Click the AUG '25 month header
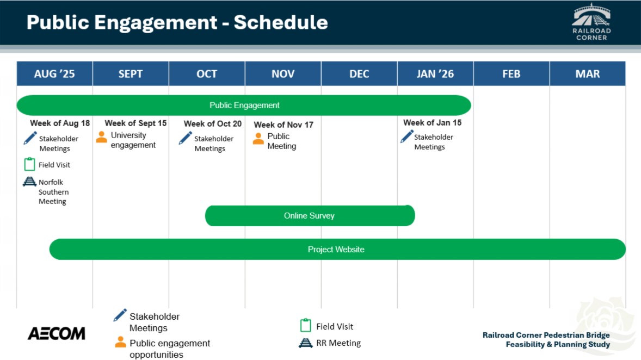click(54, 73)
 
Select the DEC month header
click(359, 73)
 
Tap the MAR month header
click(588, 73)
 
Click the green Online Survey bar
click(310, 216)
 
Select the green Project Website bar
click(337, 249)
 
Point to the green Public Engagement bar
click(244, 105)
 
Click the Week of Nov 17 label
click(283, 125)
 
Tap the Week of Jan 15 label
click(432, 122)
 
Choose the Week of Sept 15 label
click(135, 123)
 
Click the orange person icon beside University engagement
click(101, 137)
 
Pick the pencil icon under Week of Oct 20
click(185, 138)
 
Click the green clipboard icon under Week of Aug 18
click(29, 164)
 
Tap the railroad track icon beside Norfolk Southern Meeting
click(29, 182)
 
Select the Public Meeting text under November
click(282, 141)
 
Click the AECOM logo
click(57, 333)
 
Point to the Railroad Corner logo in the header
click(591, 22)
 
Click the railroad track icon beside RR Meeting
click(305, 343)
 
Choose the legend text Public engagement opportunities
click(170, 349)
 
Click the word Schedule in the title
click(281, 22)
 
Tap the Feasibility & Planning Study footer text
click(558, 344)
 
